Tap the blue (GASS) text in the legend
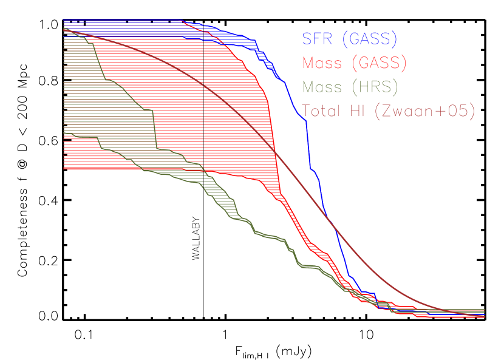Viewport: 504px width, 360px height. tap(369, 39)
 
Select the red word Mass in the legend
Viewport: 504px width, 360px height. tap(322, 63)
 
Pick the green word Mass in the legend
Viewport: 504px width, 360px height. tap(322, 87)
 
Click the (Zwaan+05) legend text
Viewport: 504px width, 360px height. tap(426, 111)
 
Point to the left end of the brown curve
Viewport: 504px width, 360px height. tap(64, 29)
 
